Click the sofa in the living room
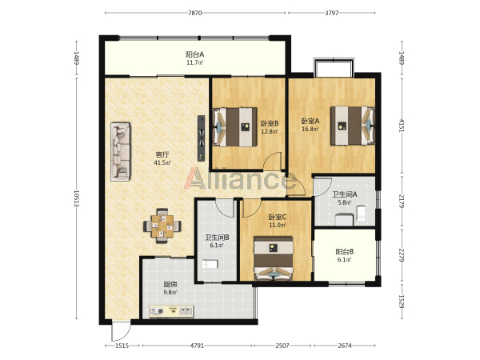[x=120, y=152]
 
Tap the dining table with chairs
[x=162, y=226]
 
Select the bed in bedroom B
[x=235, y=126]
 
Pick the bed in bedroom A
[x=352, y=126]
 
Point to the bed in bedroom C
[x=274, y=258]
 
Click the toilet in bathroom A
[x=361, y=214]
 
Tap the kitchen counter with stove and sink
[x=171, y=311]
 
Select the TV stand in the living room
[x=201, y=138]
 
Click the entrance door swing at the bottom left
[x=121, y=331]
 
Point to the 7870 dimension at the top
[x=195, y=13]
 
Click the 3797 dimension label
[x=331, y=13]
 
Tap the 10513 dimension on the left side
[x=77, y=198]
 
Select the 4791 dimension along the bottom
[x=197, y=346]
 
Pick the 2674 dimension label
[x=344, y=346]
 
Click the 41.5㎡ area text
[x=162, y=162]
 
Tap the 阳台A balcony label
[x=195, y=54]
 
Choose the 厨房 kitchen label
[x=170, y=284]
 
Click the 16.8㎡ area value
[x=310, y=129]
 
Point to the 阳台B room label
[x=345, y=252]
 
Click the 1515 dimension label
[x=122, y=346]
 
